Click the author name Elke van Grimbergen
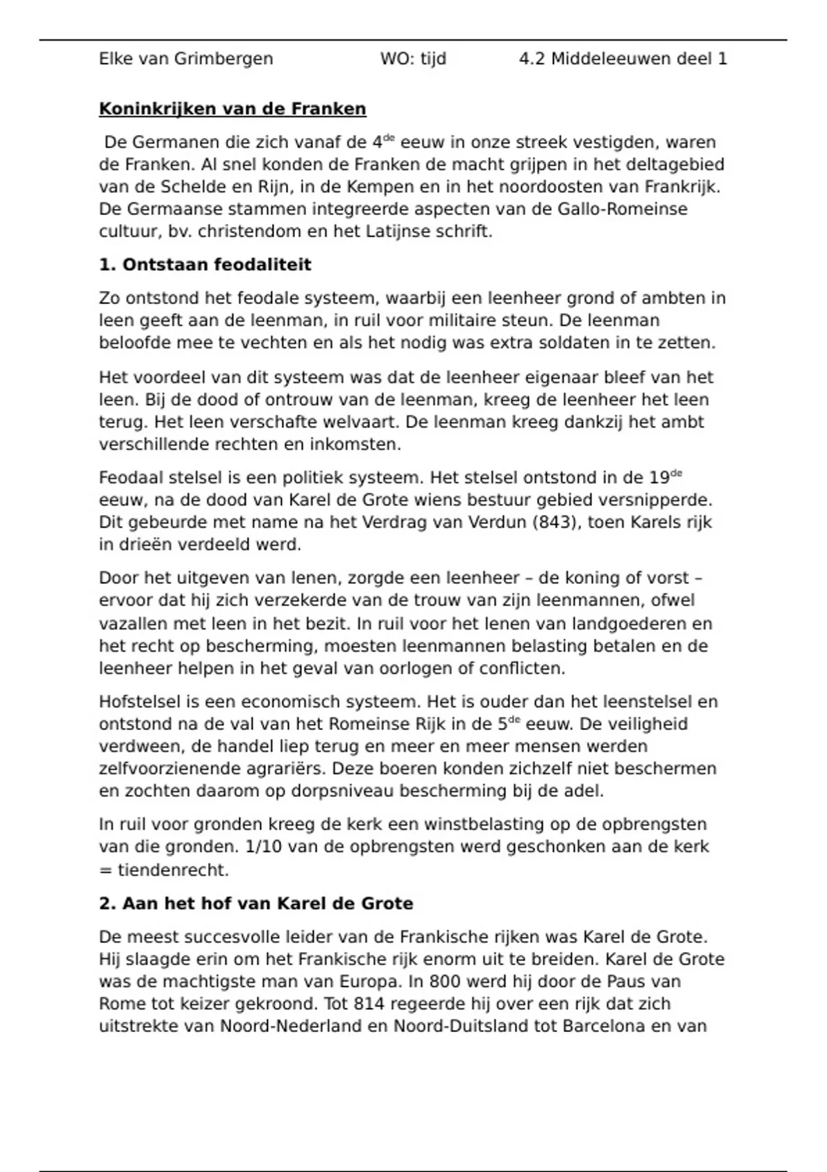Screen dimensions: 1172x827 tap(186, 59)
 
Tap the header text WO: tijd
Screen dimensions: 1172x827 tap(413, 59)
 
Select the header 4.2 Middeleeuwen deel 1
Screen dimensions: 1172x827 tap(622, 59)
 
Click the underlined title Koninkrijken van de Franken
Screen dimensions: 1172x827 tap(232, 109)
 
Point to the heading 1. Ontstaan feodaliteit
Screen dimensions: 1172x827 tap(205, 265)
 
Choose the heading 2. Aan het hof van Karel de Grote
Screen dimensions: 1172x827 tap(256, 903)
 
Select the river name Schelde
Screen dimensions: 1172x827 tap(190, 187)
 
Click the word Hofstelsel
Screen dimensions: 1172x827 tap(139, 702)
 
